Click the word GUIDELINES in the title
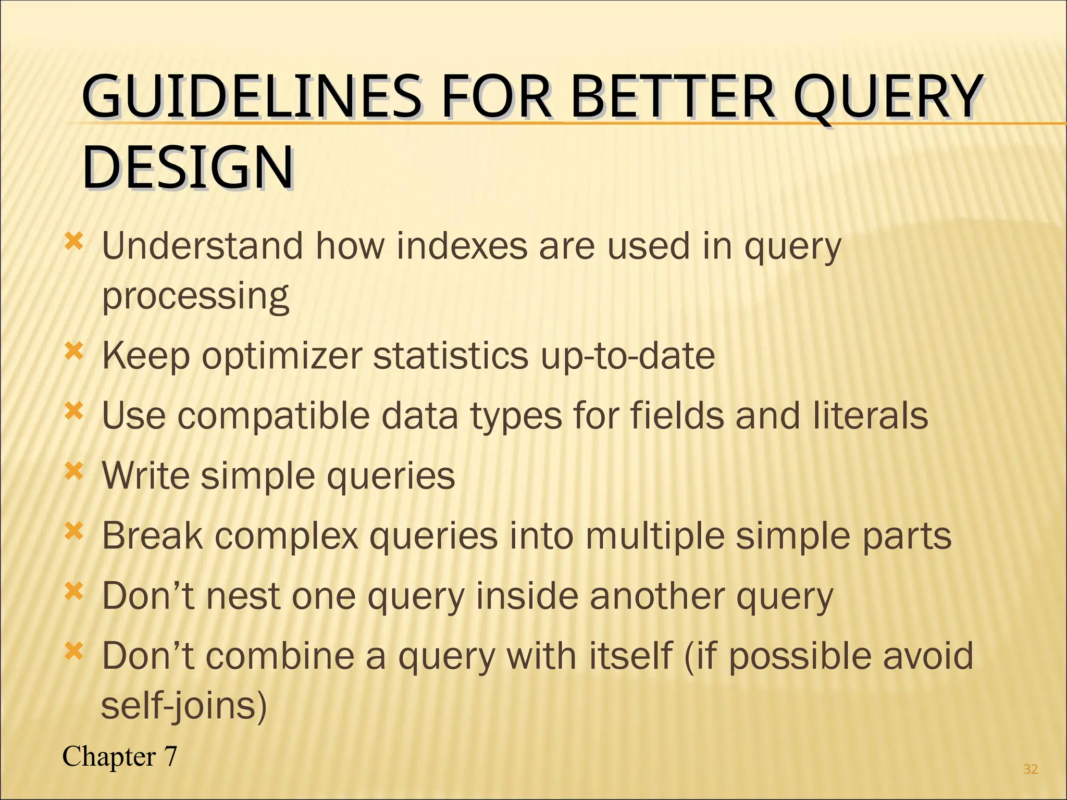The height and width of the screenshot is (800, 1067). (x=250, y=97)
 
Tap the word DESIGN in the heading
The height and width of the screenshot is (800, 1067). (x=188, y=168)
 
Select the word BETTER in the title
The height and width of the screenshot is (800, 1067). (x=672, y=97)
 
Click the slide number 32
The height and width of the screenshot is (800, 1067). (x=1030, y=769)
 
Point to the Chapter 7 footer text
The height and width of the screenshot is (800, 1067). (x=120, y=756)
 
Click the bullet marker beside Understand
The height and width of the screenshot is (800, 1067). (x=73, y=242)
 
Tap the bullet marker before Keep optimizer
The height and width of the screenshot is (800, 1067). (x=73, y=353)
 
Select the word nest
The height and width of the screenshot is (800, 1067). (x=243, y=596)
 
